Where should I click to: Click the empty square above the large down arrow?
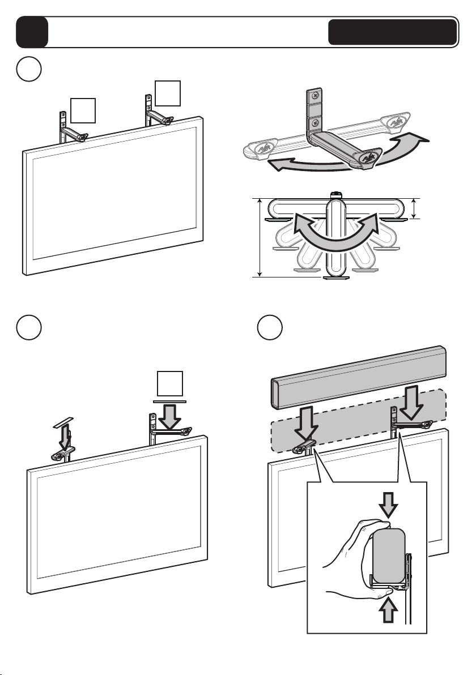tap(168, 383)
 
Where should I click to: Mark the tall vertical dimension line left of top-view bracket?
tap(260, 237)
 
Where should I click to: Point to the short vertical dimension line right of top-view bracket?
tap(415, 208)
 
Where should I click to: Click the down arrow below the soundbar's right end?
tap(408, 401)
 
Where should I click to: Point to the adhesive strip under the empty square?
tap(168, 401)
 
